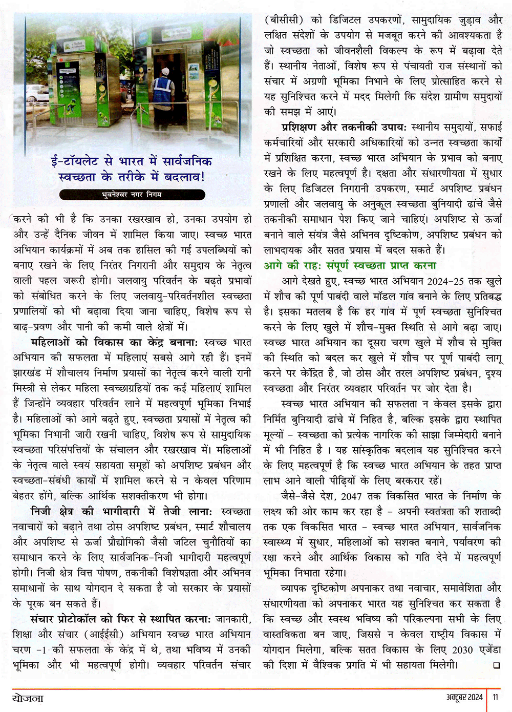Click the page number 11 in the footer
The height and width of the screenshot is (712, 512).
coord(496,697)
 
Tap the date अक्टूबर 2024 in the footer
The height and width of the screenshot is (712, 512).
coord(464,697)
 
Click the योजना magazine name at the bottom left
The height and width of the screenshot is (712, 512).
coord(28,697)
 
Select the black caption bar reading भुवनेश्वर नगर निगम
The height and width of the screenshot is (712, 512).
coord(132,195)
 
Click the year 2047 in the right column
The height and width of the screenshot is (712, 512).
coord(351,496)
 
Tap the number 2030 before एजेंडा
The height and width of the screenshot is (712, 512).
coord(462,650)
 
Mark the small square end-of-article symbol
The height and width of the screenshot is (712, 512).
coord(495,665)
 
